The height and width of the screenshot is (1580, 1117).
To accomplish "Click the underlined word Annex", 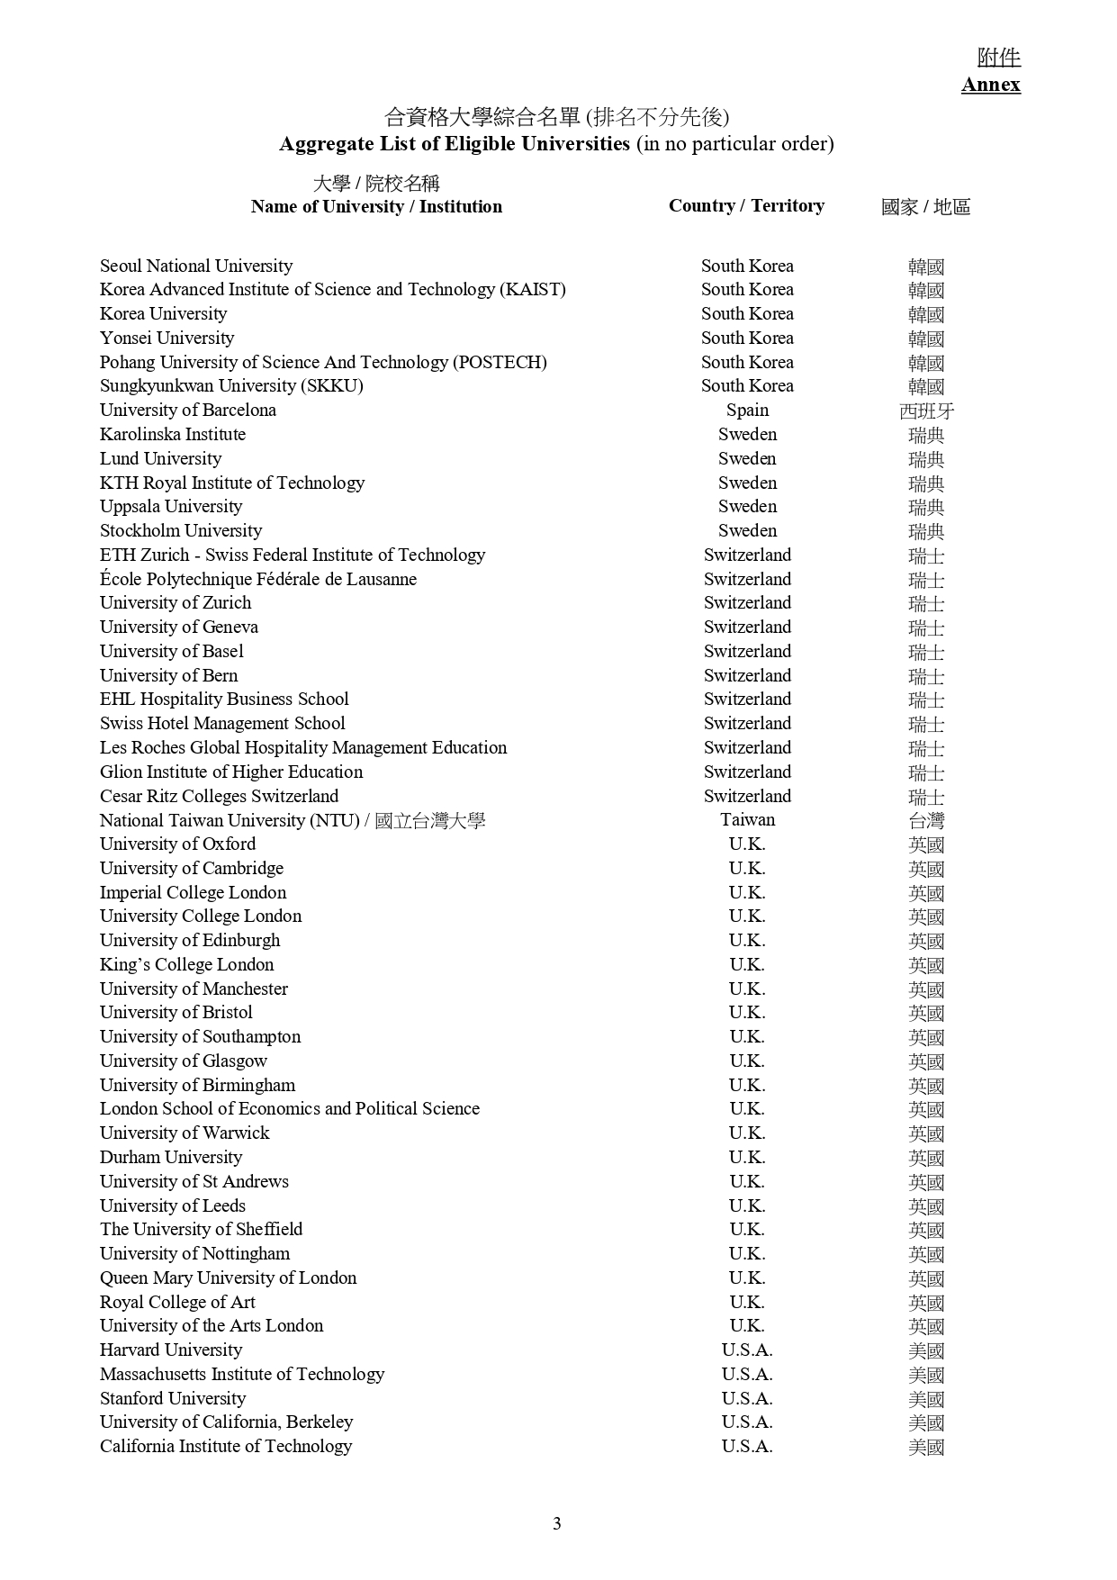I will pos(990,85).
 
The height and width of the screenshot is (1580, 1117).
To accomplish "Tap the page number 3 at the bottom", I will pos(557,1523).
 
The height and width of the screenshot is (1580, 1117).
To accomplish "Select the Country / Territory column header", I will pos(746,206).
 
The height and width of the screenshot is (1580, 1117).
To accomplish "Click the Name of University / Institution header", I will pos(376,207).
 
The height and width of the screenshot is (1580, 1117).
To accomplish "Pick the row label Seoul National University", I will pos(196,266).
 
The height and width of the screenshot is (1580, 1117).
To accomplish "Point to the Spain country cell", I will pos(747,410).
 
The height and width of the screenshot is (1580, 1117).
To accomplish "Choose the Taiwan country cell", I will pos(747,819).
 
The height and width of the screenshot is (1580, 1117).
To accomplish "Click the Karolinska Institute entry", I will pos(173,434).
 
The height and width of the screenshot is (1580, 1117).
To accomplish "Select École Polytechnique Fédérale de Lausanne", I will pos(258,579).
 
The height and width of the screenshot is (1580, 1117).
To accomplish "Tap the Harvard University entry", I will pos(171,1350).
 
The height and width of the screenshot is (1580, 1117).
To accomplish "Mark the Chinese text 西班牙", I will pos(926,411).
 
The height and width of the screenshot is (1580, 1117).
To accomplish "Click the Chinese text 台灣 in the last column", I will pos(926,821).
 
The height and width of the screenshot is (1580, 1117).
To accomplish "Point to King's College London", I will pos(187,964).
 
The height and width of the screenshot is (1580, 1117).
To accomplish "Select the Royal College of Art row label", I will pos(177,1302).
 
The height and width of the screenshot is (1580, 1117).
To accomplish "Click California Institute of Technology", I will pos(226,1446).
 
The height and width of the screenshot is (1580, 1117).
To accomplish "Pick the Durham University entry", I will pos(171,1157).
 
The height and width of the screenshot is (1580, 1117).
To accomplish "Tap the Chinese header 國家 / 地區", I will pos(925,207).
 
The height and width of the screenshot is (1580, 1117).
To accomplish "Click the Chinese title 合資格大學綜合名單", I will pos(482,117).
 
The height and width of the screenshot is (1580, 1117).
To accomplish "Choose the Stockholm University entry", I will pos(181,530).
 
